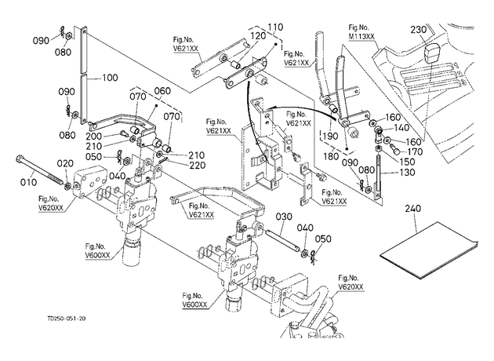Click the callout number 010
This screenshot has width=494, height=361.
[28, 182]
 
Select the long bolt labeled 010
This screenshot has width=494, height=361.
[40, 172]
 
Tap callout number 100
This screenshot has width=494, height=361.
[110, 78]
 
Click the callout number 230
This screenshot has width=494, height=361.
[419, 30]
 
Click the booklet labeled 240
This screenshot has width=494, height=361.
[428, 250]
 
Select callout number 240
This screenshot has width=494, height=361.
[412, 209]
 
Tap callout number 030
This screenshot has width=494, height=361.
[284, 217]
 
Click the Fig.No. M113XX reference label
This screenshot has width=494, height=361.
[361, 32]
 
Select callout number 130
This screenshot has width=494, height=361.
[407, 173]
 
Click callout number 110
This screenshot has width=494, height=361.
[275, 27]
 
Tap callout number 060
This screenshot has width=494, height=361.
[162, 91]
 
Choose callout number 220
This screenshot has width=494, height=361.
[197, 166]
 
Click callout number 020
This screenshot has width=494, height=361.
[65, 163]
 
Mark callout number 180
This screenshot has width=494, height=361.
[331, 156]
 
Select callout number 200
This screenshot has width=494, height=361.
[94, 137]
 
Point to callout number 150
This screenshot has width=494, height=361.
[407, 162]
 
